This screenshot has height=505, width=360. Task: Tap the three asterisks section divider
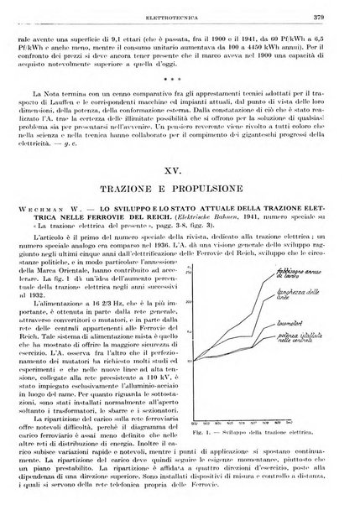click(180, 93)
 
